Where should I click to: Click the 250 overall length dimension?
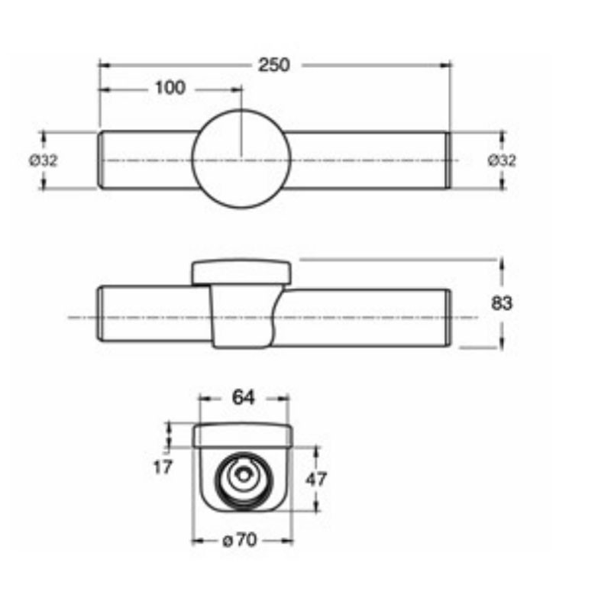(274, 65)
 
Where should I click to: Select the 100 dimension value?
(170, 88)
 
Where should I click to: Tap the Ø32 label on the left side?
(44, 160)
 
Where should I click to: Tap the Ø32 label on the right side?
(502, 160)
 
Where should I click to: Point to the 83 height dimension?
(502, 302)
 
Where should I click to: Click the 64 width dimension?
(243, 397)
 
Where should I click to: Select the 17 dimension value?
(163, 467)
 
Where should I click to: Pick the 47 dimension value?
(316, 479)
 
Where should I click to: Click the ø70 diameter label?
(240, 541)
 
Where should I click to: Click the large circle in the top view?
(241, 110)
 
